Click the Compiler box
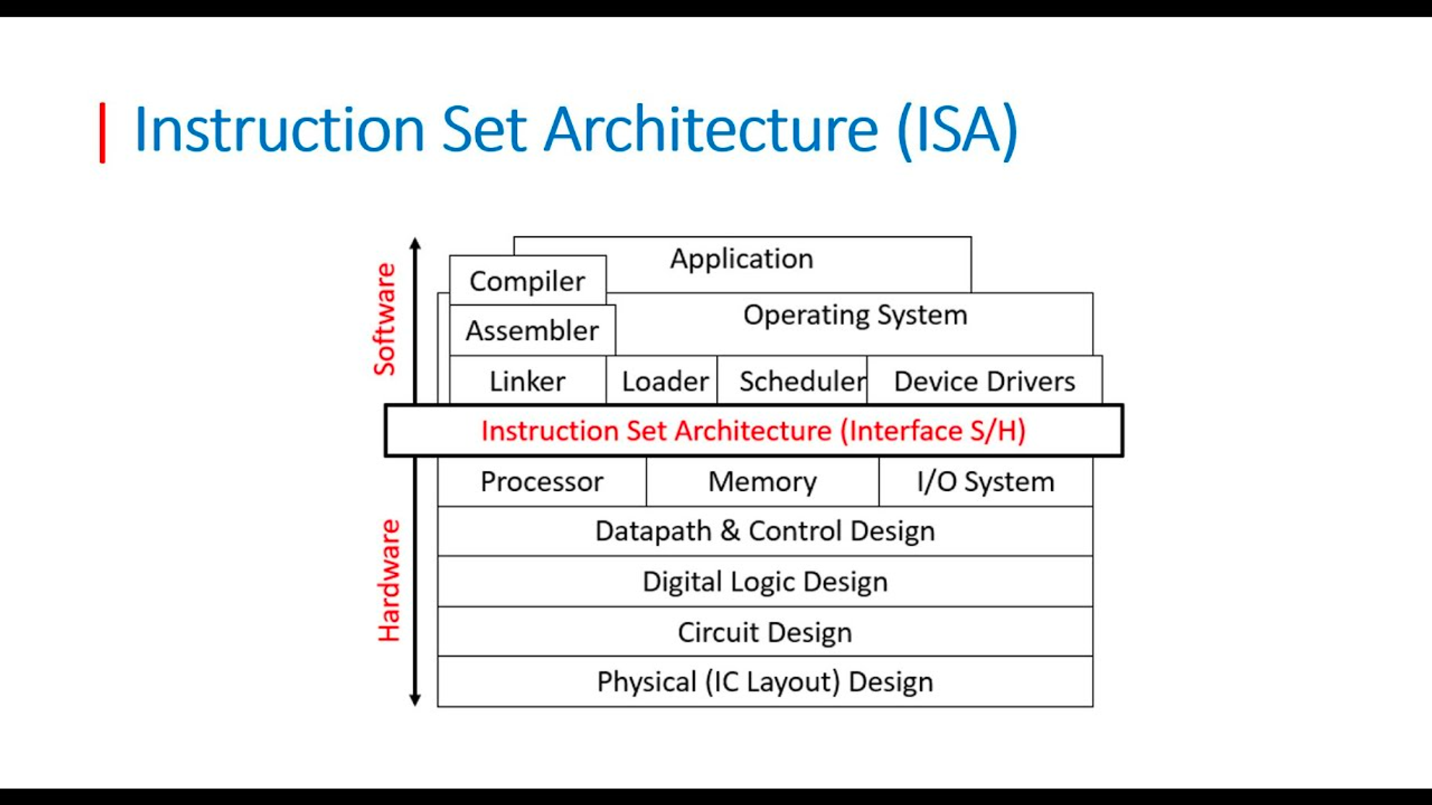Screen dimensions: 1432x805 (528, 280)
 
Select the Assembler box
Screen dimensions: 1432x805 (532, 331)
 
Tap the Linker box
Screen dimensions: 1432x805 (528, 381)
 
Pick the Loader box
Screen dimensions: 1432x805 (662, 381)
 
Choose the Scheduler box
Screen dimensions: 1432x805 (792, 381)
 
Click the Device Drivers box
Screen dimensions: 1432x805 (984, 381)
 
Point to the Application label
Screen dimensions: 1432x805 (742, 259)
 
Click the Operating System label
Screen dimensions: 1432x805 (855, 316)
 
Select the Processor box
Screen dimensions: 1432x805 (542, 482)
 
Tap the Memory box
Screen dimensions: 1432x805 (763, 482)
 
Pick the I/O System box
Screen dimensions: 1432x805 (986, 482)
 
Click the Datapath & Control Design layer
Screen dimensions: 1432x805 (765, 532)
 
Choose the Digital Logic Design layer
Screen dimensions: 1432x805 (765, 582)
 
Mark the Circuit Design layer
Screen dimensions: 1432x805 (765, 632)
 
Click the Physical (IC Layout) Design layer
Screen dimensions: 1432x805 (765, 682)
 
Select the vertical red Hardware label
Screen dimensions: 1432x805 (389, 580)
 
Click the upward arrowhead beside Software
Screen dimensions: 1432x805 (415, 243)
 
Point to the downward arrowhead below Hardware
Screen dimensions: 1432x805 (415, 701)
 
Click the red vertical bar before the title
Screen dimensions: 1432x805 (103, 133)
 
